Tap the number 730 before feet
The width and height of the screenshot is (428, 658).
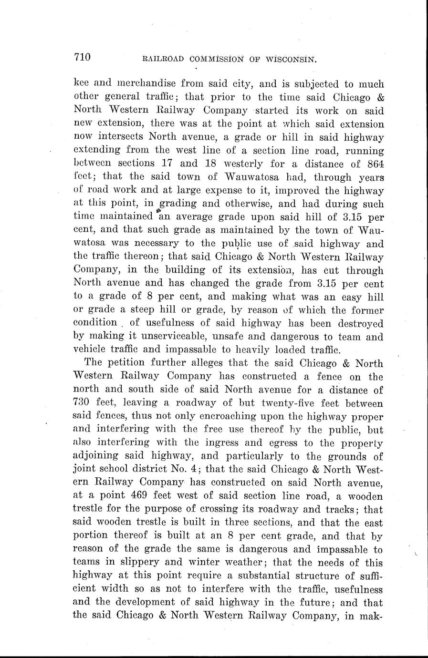[x=84, y=390]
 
